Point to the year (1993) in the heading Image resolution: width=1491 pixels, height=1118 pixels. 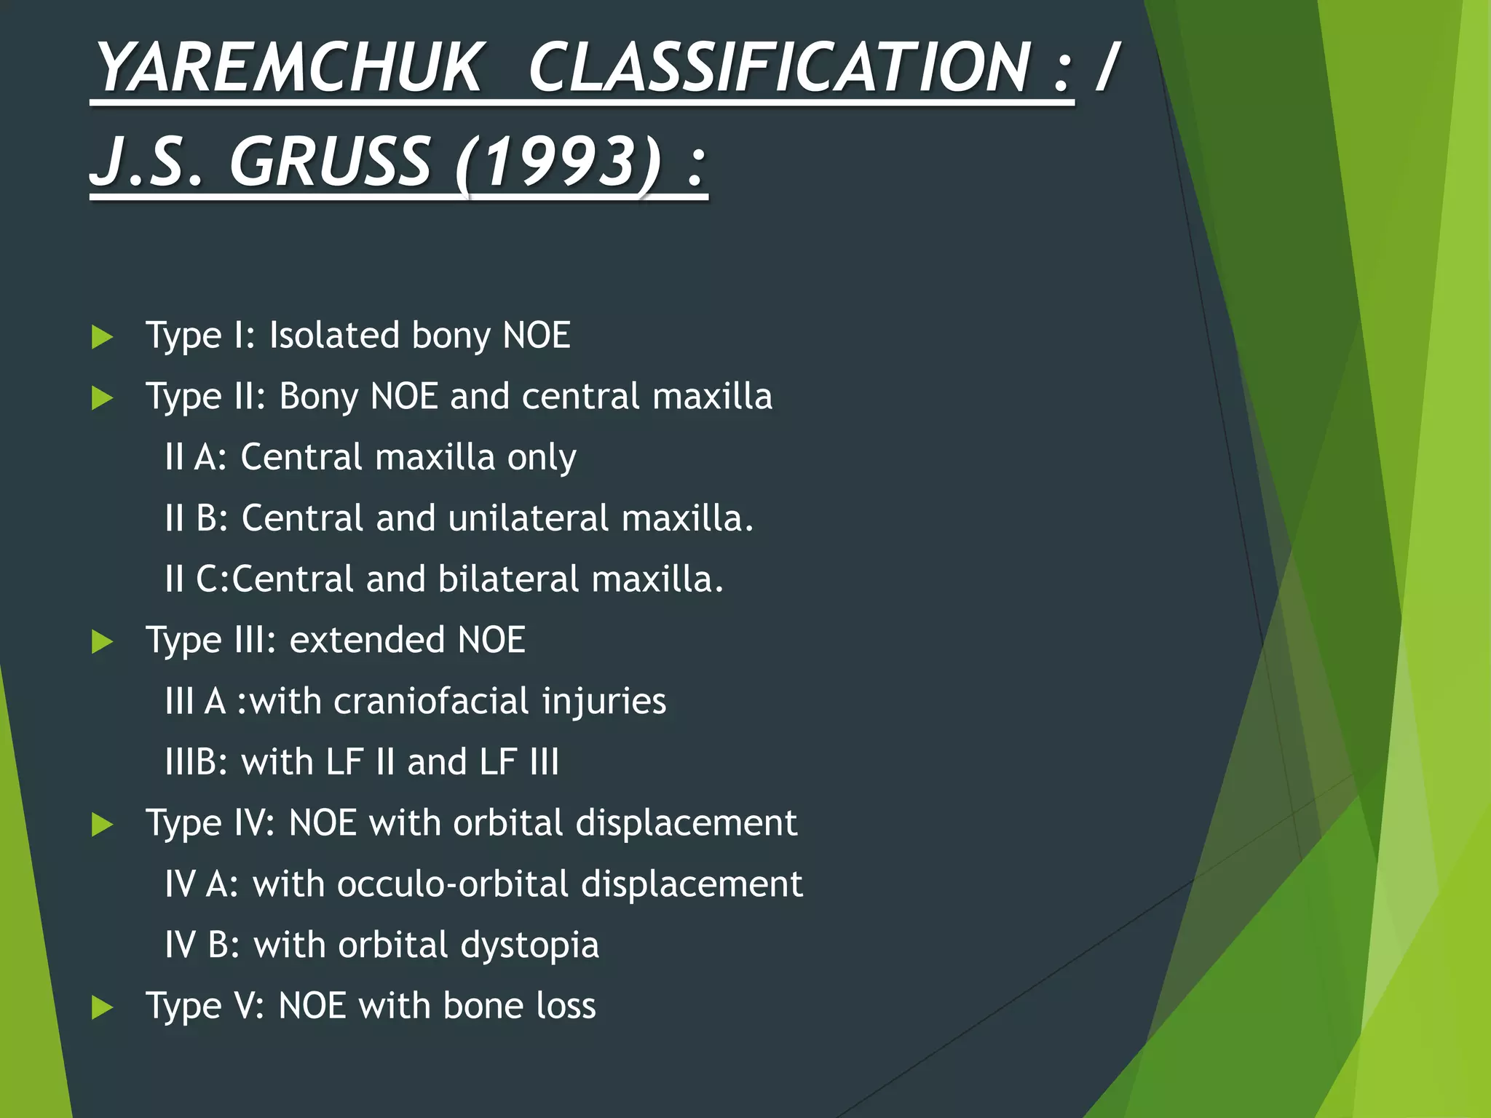click(x=558, y=161)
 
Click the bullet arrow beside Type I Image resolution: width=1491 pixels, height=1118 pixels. click(x=103, y=337)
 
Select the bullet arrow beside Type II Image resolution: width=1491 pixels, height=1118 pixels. click(x=103, y=398)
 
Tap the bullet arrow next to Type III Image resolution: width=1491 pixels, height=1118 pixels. click(x=103, y=642)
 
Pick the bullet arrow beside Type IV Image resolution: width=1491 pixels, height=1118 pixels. click(x=103, y=825)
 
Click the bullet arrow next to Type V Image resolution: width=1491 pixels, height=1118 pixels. click(x=103, y=1008)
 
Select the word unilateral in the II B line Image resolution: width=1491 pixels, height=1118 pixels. click(x=529, y=518)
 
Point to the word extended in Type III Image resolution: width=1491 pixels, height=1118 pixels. click(x=367, y=641)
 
